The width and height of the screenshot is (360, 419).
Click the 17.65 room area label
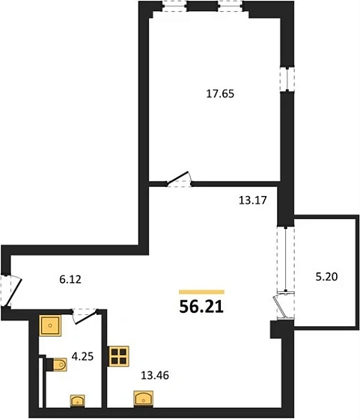(220, 94)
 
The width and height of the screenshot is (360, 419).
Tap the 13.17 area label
(252, 201)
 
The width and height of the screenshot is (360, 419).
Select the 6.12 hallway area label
(70, 280)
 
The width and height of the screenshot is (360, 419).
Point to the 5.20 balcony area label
(326, 277)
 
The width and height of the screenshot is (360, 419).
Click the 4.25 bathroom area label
(82, 356)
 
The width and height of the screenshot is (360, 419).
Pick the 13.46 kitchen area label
(155, 376)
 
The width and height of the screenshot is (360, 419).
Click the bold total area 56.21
(201, 307)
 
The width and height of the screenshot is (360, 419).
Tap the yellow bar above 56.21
(201, 292)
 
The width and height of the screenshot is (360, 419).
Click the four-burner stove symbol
(118, 356)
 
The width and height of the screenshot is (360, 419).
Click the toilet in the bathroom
(56, 365)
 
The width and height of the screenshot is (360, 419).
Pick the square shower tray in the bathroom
(50, 325)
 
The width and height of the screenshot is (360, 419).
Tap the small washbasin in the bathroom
(78, 401)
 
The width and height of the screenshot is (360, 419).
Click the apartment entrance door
(13, 292)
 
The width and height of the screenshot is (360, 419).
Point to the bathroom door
(85, 317)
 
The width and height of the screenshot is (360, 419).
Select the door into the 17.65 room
(179, 178)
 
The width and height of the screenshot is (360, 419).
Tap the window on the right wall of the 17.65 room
(287, 79)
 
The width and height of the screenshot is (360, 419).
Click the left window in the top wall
(174, 7)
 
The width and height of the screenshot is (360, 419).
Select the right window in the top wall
(230, 7)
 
